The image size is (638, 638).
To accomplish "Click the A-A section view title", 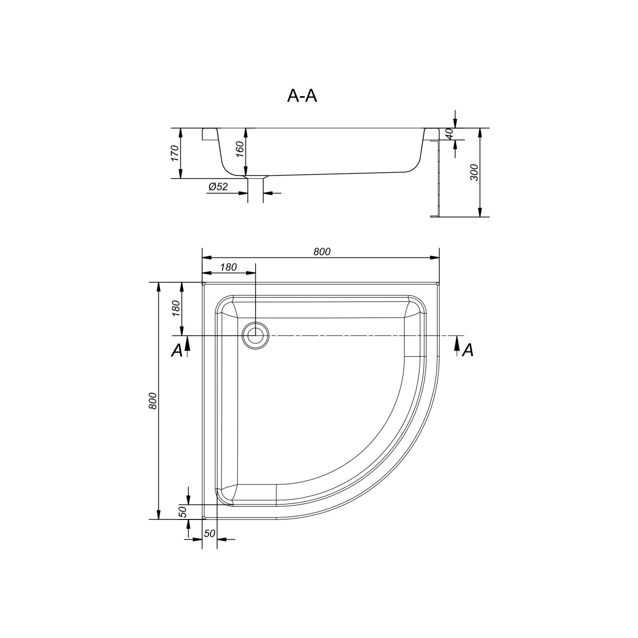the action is (302, 96).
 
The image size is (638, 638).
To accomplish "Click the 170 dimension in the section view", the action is (174, 153).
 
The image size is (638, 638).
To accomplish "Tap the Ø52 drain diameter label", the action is (218, 187).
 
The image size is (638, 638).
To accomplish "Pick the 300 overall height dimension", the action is (474, 172).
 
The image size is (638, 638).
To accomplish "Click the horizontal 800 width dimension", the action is (322, 252).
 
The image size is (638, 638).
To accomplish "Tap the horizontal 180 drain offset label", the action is (228, 267).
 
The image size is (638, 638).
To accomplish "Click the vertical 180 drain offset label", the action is (176, 308).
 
